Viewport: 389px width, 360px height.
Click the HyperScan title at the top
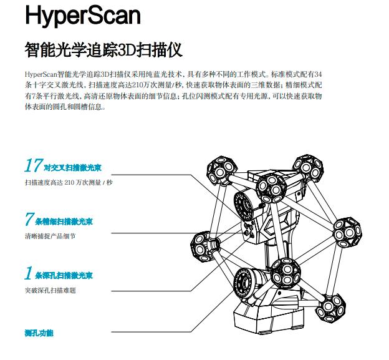(83, 16)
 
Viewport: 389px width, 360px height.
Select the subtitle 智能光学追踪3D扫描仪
(103, 49)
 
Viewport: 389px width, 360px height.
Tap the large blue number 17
(33, 166)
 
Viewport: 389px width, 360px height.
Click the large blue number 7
(29, 220)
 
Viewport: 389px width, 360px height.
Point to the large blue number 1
(28, 274)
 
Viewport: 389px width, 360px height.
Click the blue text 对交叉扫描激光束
(69, 168)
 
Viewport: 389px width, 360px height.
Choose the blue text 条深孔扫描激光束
(64, 275)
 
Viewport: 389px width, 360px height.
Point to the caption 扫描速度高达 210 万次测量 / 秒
(69, 183)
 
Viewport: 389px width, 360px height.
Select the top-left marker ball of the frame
(221, 167)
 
